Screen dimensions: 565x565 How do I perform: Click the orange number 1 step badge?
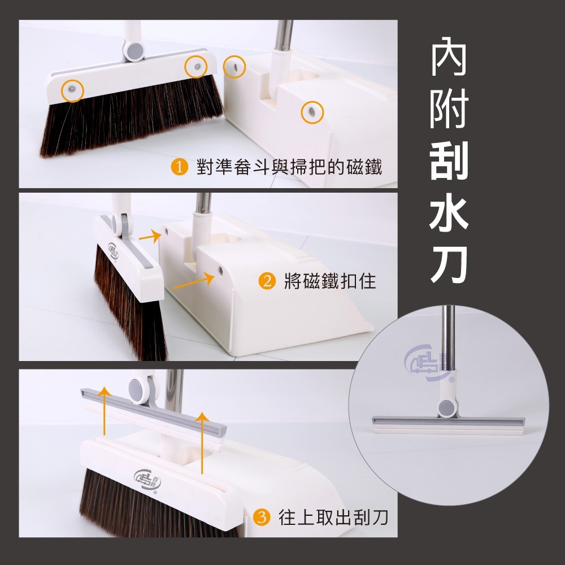point(180,167)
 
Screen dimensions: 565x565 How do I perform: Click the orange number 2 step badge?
point(266,281)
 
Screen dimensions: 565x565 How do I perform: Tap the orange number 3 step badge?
point(260,516)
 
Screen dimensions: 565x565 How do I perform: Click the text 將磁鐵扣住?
point(330,281)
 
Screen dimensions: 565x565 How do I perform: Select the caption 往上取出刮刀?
point(333,516)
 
